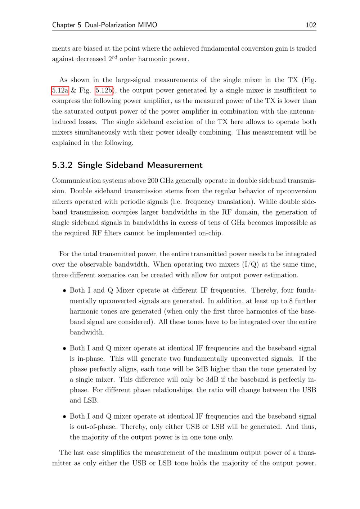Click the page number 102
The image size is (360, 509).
311,25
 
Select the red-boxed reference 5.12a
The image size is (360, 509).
60,90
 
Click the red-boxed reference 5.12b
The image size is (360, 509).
104,90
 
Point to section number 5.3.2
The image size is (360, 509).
62,165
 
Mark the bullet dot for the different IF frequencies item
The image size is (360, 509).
64,291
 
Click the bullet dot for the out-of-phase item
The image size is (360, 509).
64,417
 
